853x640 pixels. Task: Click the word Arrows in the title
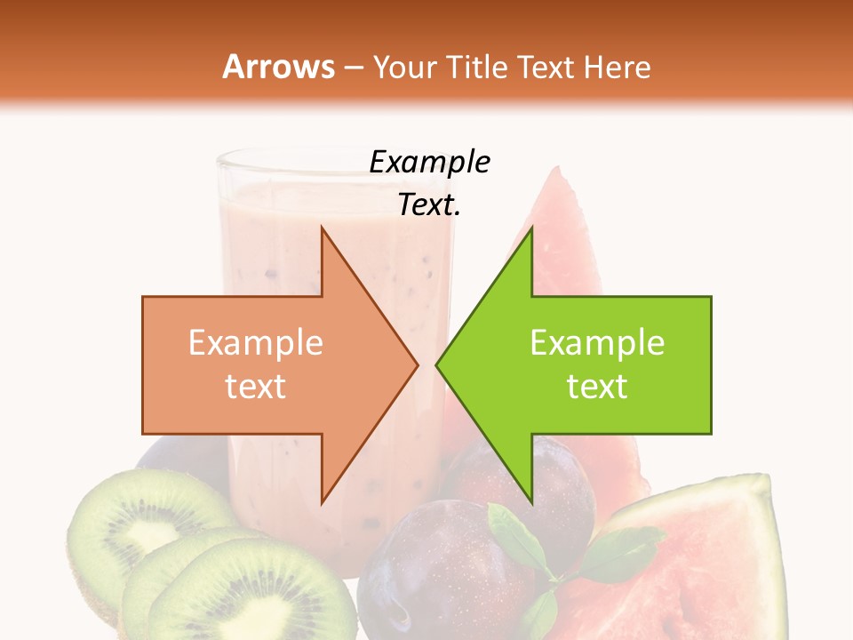(278, 67)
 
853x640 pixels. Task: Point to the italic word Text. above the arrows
(429, 205)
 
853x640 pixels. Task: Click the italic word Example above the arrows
(429, 163)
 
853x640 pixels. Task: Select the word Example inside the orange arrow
(255, 343)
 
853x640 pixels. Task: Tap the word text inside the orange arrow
(255, 386)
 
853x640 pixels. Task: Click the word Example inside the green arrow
(597, 343)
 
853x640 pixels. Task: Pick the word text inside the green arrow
(597, 386)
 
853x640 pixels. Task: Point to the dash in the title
(354, 68)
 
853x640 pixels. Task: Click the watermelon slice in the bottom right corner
(711, 569)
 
